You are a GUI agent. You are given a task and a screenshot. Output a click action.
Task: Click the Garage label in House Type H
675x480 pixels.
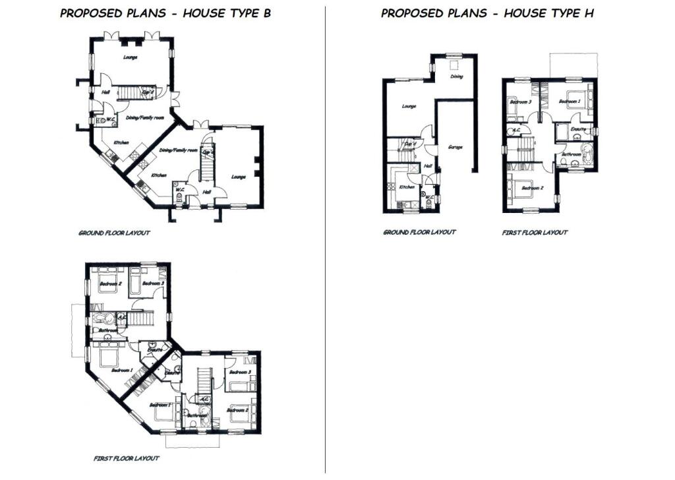pos(455,146)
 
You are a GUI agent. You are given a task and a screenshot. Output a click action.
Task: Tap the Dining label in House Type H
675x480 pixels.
pos(456,76)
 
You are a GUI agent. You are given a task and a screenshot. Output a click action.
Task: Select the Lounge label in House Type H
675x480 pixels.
pos(409,106)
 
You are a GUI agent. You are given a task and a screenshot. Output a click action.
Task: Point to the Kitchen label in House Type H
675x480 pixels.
pos(406,187)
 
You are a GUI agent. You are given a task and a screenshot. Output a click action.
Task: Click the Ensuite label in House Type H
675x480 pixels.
pos(578,129)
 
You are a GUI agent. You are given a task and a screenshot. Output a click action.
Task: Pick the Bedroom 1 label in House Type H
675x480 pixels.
pos(569,102)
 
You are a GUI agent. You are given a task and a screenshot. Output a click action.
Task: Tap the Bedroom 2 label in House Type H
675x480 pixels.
pos(532,188)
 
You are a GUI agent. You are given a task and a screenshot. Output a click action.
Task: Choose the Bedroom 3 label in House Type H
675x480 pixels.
pos(521,102)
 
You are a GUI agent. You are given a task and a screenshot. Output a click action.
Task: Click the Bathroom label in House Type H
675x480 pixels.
pos(571,154)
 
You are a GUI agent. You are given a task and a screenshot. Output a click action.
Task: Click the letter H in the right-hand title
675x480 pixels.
pos(589,13)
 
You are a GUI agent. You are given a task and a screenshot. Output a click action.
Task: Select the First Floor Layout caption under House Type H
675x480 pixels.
pos(535,232)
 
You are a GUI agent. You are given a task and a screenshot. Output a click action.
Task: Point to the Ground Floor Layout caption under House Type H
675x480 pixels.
pos(419,232)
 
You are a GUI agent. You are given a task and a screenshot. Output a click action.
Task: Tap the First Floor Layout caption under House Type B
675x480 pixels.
pos(127,458)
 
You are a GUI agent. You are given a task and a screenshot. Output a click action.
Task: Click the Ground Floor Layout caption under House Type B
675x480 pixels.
pos(114,233)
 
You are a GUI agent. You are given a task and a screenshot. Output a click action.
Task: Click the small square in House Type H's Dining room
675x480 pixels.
pos(454,65)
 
